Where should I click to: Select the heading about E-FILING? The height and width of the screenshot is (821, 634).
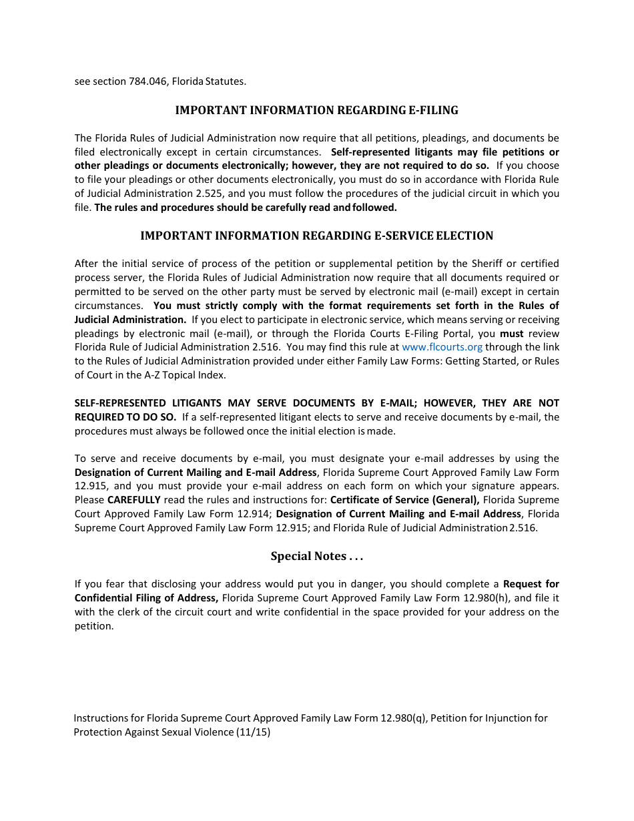click(316, 110)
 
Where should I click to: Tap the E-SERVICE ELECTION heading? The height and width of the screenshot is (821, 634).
click(316, 236)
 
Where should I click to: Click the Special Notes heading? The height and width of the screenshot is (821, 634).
click(316, 556)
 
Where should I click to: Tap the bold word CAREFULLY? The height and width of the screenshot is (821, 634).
click(133, 500)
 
